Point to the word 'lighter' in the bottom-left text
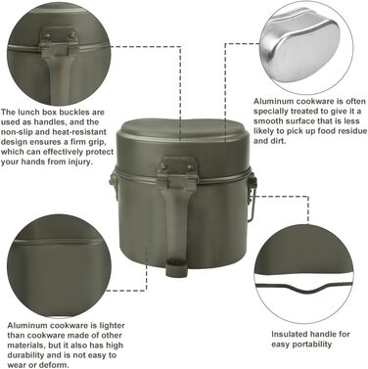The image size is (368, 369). click(112, 325)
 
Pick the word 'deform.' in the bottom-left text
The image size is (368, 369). click(56, 365)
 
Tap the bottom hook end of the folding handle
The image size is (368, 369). click(176, 267)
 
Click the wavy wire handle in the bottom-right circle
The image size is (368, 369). click(304, 288)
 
